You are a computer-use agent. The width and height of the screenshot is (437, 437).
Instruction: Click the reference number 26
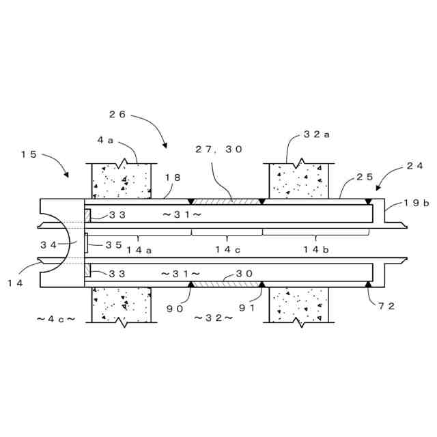point(117,115)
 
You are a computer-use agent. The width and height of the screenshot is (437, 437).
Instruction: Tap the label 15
point(29,154)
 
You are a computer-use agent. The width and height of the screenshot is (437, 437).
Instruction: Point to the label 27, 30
point(218,149)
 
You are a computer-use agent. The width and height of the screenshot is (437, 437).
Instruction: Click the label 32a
point(317,135)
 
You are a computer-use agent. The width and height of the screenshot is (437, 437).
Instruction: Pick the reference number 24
point(414,165)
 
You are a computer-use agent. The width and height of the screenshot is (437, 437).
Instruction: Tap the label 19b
point(417,203)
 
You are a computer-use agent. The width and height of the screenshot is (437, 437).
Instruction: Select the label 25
point(365,178)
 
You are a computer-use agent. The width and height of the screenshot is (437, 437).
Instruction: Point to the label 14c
point(227,250)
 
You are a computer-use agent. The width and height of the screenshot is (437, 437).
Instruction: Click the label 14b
point(316,250)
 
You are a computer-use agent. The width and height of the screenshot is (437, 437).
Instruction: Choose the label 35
point(113,244)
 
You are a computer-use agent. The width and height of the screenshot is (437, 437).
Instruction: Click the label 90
point(175,308)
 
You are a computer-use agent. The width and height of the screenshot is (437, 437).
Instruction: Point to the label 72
point(386,306)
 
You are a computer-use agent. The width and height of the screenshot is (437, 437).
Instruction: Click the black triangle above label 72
point(368,284)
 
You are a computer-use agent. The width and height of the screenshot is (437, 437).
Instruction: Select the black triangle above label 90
point(191,284)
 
